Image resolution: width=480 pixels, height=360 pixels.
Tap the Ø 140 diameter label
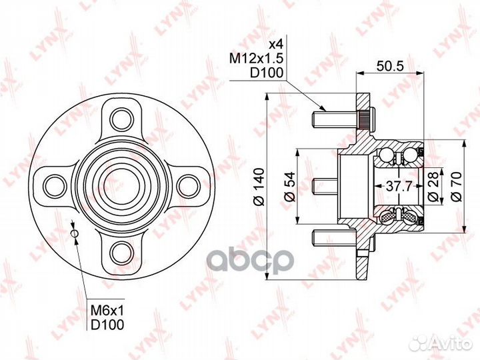pos(259,187)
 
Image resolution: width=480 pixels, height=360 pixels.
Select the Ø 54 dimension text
pos(289,187)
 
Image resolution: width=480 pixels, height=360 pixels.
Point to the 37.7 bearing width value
pos(398,186)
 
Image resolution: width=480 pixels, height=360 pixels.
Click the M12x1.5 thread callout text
pos(257,58)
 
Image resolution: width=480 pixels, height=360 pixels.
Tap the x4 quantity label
pos(275,45)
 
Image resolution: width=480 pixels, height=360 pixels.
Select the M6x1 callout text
pos(107,311)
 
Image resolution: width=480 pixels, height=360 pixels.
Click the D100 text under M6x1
pos(107,325)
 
